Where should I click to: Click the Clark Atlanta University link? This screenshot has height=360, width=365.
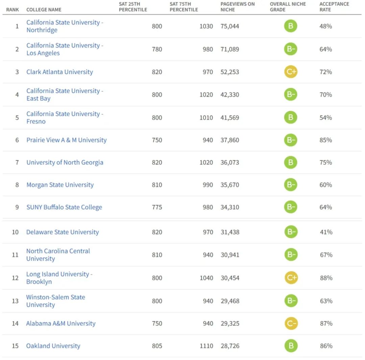[x=59, y=72]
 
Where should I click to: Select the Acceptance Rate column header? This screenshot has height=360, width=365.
[x=334, y=7]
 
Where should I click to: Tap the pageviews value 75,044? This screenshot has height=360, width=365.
[x=229, y=26]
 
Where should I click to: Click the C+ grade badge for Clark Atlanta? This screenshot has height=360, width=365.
[x=290, y=72]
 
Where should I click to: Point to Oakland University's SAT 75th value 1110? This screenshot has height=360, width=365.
[x=206, y=346]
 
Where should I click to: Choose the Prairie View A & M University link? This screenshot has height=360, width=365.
[x=66, y=140]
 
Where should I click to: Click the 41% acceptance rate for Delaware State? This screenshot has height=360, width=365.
[x=326, y=232]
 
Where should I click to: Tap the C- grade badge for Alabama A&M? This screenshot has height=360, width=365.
[x=291, y=323]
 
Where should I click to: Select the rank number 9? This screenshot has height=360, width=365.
[x=17, y=207]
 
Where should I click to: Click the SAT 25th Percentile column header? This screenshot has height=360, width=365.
[x=133, y=7]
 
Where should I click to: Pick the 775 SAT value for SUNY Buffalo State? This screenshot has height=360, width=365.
[x=157, y=207]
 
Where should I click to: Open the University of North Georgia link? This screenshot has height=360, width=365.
[x=65, y=162]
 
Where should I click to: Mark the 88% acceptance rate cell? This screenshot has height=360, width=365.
[x=326, y=278]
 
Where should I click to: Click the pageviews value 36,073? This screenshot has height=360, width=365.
[x=229, y=162]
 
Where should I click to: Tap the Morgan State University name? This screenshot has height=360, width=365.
[x=60, y=185]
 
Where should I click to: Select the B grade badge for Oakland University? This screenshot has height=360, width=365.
[x=291, y=346]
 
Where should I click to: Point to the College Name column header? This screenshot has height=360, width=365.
[x=44, y=9]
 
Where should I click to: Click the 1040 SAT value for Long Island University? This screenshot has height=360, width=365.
[x=206, y=278]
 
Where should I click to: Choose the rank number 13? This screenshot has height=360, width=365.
[x=15, y=301]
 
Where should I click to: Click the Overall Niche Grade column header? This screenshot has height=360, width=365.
[x=288, y=7]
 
